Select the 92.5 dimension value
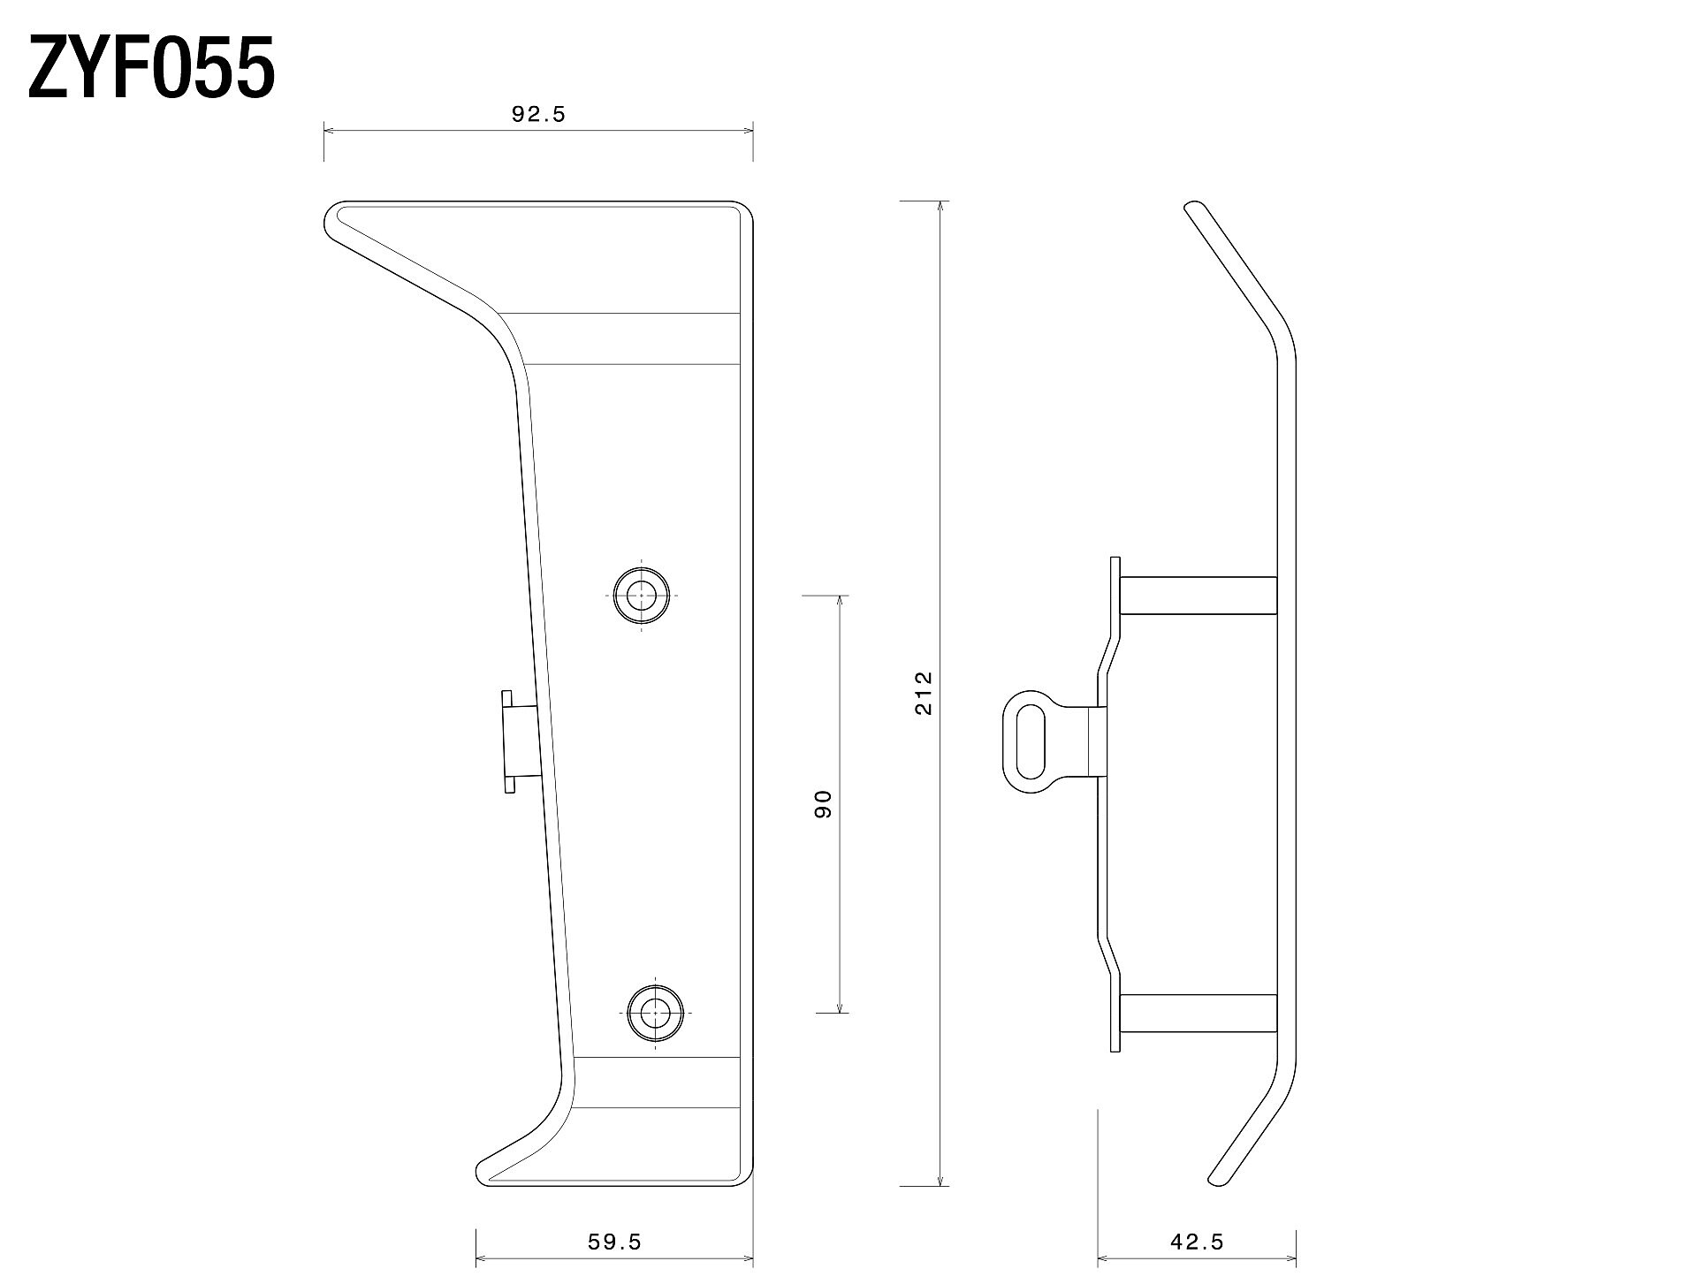(538, 114)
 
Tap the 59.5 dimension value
(614, 1242)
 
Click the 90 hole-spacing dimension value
(823, 804)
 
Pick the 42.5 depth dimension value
(1197, 1242)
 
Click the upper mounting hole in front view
(642, 595)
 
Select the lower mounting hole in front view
(655, 1013)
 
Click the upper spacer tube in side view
(1199, 595)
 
